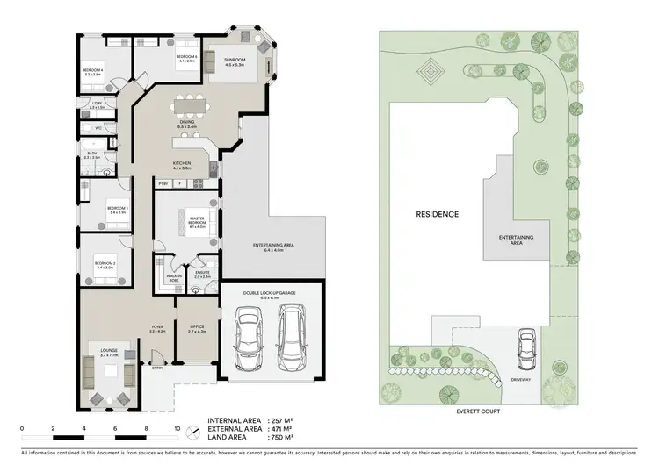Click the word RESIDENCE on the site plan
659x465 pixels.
[437, 214]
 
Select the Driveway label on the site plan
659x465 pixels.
[522, 381]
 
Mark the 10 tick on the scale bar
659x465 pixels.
[177, 430]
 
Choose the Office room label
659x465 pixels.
[197, 329]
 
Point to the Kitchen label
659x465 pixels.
[183, 164]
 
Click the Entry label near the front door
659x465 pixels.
[157, 368]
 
